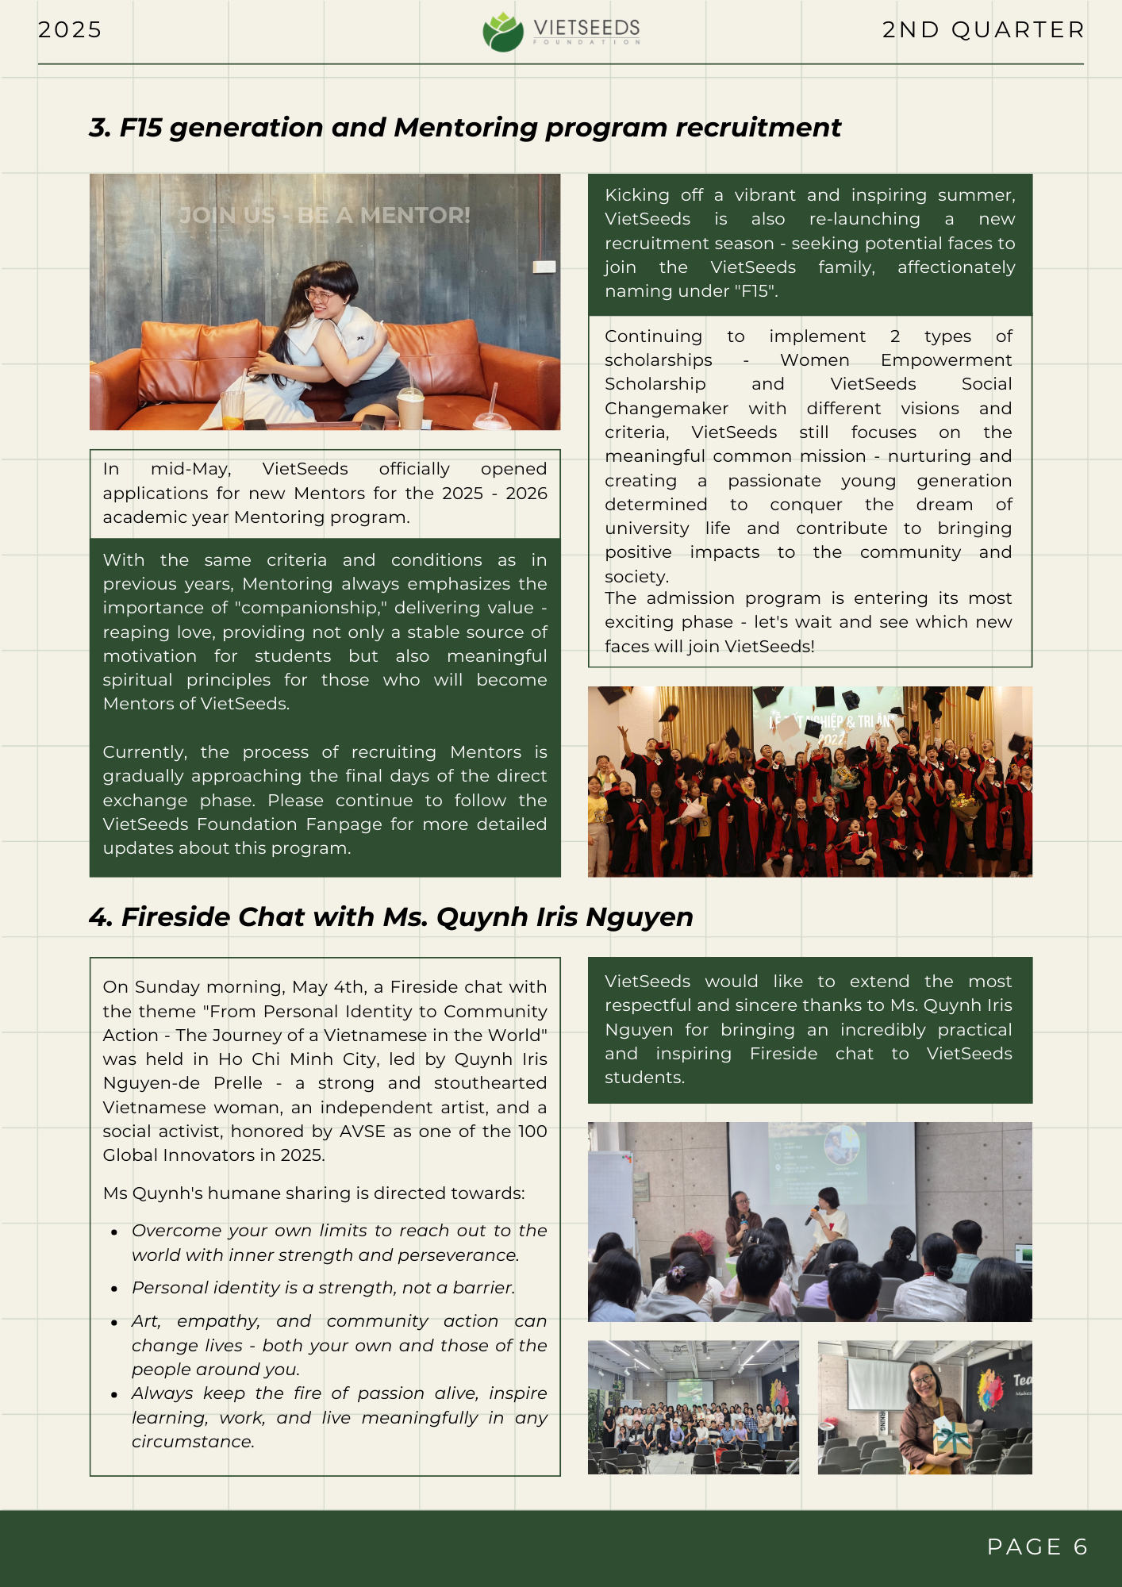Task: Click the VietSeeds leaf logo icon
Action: click(503, 33)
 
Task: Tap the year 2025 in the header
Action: click(70, 30)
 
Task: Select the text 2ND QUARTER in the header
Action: click(982, 30)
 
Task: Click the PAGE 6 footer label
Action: click(1036, 1547)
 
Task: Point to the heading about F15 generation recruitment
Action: click(465, 128)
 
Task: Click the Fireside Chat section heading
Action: click(391, 917)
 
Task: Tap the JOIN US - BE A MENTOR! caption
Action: click(325, 216)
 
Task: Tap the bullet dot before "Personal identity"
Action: click(115, 1289)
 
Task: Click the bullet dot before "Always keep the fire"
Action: click(115, 1395)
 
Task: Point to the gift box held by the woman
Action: click(952, 1437)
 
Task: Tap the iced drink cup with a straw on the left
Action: click(232, 405)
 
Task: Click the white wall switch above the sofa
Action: click(544, 267)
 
